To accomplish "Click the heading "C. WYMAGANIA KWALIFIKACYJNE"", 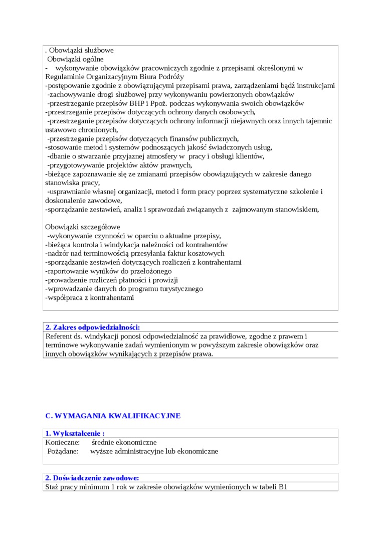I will click(x=113, y=416).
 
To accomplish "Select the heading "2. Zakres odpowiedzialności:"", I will click(x=93, y=327).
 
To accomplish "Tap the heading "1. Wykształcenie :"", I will click(x=75, y=433).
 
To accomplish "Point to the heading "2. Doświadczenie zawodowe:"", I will click(x=92, y=478).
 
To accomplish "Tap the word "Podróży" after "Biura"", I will click(x=170, y=77).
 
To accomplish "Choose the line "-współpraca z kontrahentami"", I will click(x=90, y=298).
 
